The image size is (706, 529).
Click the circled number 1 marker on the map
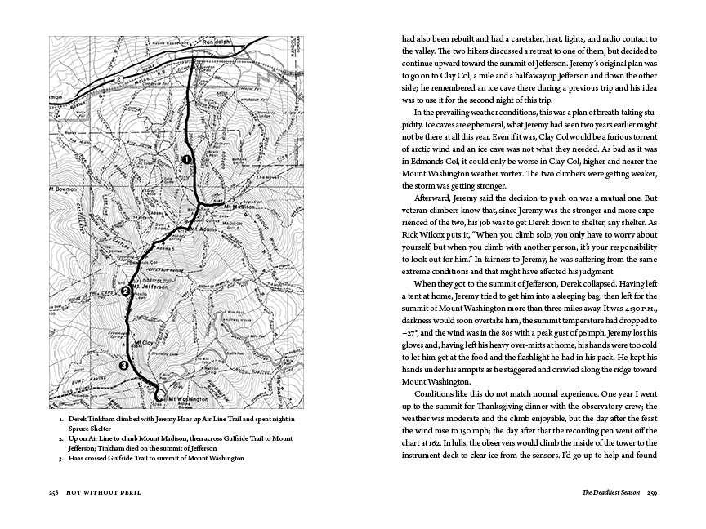[x=186, y=160]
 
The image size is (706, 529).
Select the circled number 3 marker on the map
[x=123, y=366]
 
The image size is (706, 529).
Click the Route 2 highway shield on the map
[x=119, y=78]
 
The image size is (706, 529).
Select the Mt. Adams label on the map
[x=199, y=231]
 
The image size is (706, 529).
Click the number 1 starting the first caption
[x=62, y=419]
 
